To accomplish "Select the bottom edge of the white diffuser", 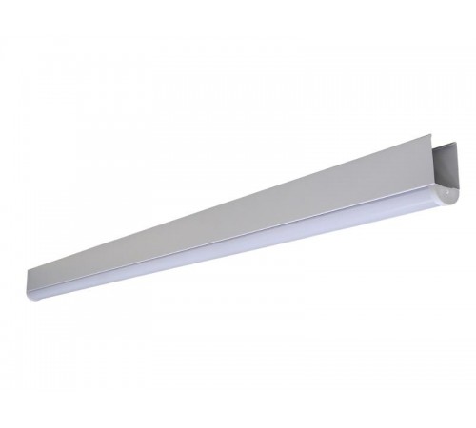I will click(x=238, y=255).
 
